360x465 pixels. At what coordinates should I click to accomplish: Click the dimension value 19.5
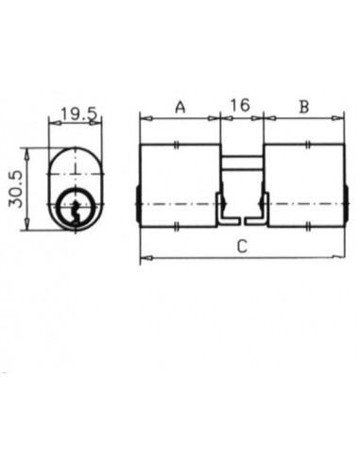[x=79, y=113]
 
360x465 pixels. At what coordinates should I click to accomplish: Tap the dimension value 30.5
[x=16, y=189]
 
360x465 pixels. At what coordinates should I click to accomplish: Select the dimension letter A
[x=180, y=107]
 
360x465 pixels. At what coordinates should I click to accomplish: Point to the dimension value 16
[x=240, y=106]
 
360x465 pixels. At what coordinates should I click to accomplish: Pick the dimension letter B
[x=304, y=107]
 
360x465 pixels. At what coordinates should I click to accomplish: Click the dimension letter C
[x=242, y=247]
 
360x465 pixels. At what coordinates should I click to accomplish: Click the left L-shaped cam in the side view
[x=226, y=209]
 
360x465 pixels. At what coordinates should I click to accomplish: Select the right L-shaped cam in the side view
[x=257, y=209]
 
